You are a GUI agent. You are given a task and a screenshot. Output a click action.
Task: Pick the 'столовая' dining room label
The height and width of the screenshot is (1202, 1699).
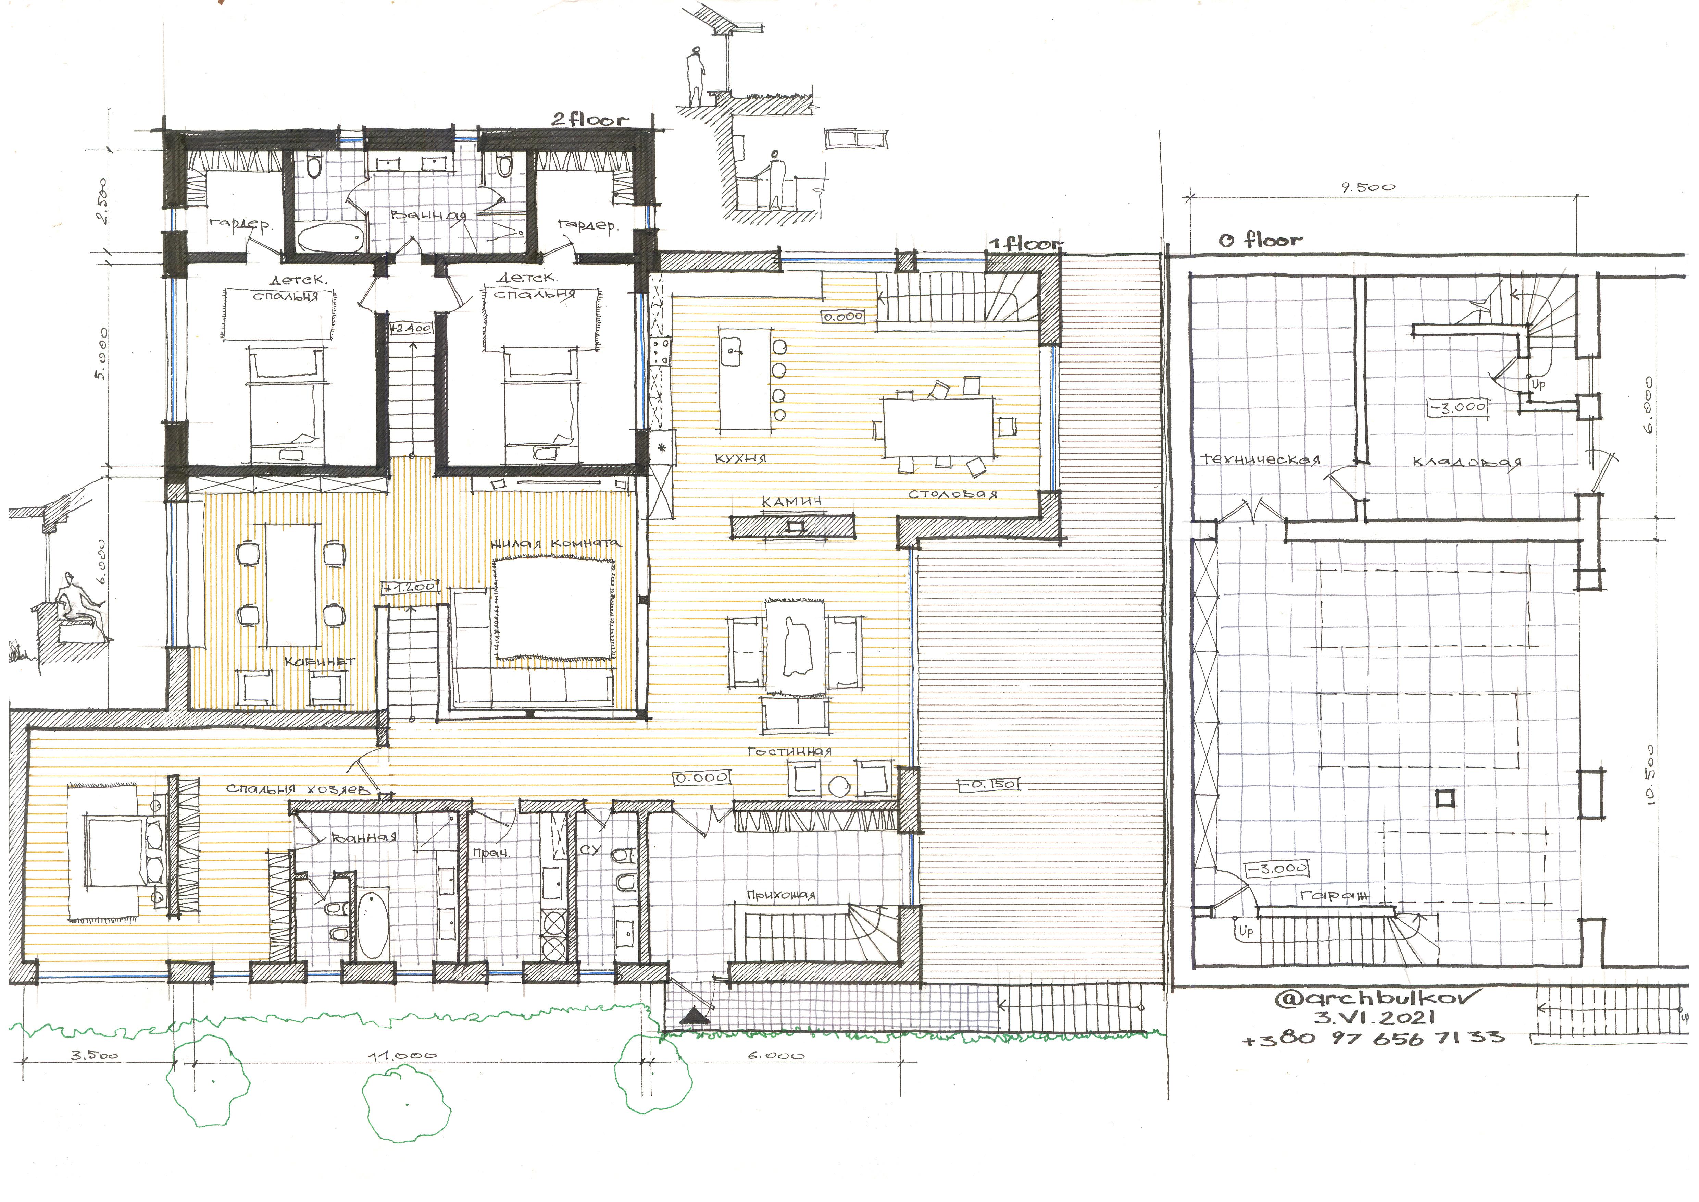click(x=952, y=494)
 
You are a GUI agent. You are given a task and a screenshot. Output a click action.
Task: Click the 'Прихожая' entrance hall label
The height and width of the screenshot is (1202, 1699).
click(x=781, y=895)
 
